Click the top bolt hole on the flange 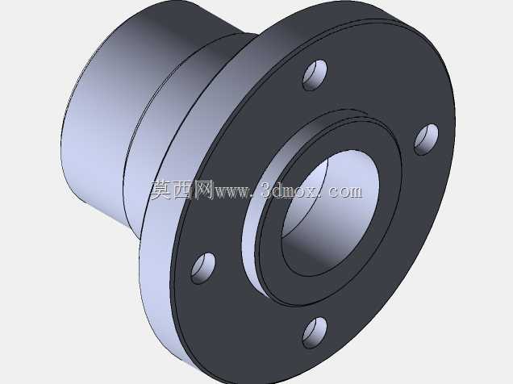[x=315, y=75]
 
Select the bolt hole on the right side [x=427, y=140]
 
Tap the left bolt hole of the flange [x=203, y=268]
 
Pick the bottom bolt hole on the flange [x=315, y=332]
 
